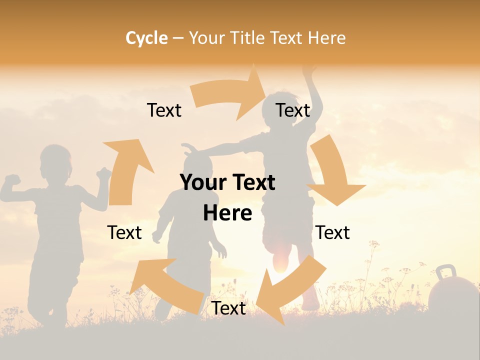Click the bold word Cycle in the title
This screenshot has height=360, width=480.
(146, 38)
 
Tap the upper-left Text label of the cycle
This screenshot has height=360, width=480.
(164, 110)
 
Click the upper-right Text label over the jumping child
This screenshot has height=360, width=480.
(293, 110)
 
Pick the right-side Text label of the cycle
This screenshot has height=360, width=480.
(332, 232)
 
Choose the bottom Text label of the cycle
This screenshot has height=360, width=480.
(228, 308)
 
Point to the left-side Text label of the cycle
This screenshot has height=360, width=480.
(124, 232)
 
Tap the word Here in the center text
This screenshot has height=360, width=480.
(227, 213)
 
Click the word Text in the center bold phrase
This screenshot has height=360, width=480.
(250, 183)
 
